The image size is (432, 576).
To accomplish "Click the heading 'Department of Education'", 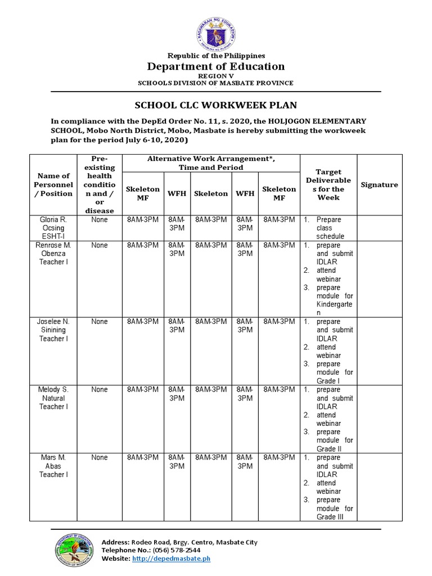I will tap(216, 66).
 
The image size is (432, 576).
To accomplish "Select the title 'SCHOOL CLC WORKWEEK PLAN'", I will tap(216, 105).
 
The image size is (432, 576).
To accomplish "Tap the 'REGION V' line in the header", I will tap(216, 75).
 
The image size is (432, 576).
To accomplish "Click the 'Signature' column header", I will tap(379, 184).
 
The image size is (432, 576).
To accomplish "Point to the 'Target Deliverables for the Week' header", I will tap(328, 184).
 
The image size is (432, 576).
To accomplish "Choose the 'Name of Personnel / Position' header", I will tap(54, 184).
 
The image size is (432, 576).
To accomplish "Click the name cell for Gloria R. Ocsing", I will tap(54, 228).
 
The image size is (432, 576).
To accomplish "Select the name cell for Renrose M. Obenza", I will tap(54, 254).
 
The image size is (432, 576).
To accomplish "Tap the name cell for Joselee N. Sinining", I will tap(54, 330).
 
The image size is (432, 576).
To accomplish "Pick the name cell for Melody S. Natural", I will tap(54, 398).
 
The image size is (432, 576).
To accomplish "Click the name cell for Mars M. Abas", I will tap(54, 466).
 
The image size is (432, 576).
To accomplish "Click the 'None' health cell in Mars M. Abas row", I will tap(100, 458).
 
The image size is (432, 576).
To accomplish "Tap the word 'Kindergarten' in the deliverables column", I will tap(334, 308).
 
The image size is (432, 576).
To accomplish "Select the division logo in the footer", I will tap(74, 550).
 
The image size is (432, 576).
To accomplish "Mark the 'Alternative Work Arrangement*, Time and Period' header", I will tap(211, 163).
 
